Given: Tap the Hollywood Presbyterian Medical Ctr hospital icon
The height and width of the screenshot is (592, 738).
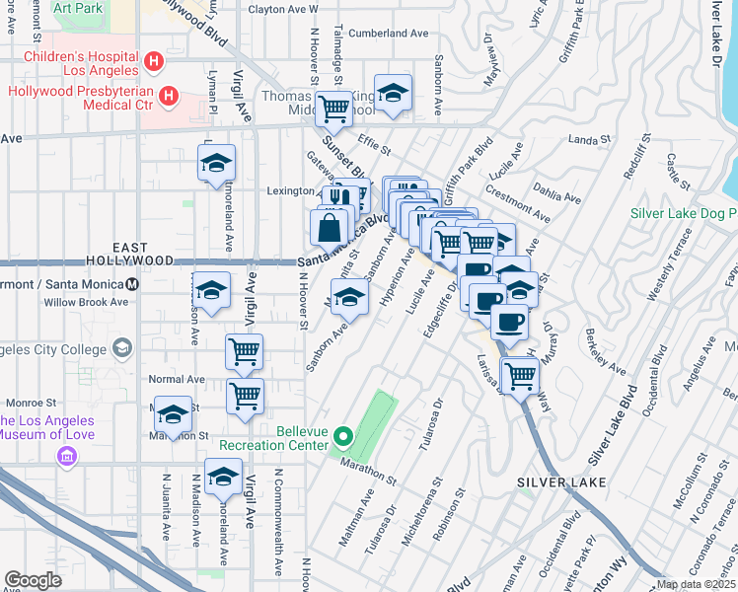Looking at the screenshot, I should [169, 97].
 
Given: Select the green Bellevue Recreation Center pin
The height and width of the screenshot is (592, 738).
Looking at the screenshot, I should [342, 435].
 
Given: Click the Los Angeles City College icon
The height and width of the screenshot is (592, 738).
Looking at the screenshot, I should [121, 348].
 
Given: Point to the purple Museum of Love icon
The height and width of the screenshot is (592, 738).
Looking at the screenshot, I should [68, 455].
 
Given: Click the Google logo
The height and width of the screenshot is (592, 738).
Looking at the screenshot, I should [33, 580].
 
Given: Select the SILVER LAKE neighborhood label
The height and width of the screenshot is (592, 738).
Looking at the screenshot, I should [560, 482].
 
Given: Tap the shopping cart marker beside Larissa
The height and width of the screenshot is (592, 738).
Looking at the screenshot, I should [519, 374].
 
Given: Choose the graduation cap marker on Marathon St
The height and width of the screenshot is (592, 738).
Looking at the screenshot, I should [174, 414].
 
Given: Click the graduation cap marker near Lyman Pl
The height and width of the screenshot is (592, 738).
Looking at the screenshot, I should [216, 163].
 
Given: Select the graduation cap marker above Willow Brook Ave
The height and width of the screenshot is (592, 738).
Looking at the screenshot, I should [210, 290].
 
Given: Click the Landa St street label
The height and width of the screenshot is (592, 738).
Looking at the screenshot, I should [591, 140].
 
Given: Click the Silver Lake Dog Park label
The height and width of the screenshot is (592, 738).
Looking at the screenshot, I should [685, 213].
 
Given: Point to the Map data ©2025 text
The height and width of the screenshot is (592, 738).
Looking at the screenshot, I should [696, 584].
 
